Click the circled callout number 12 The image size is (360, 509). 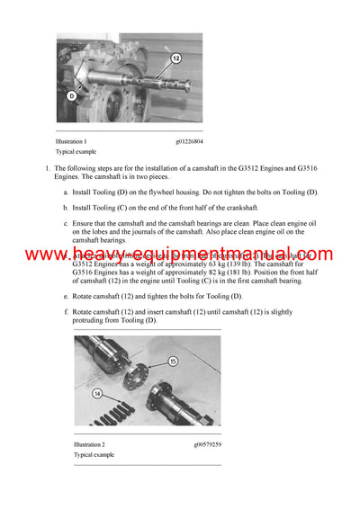tap(176, 58)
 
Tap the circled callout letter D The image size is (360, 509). tap(71, 94)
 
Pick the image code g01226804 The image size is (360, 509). tap(189, 141)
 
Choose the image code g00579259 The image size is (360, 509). tap(207, 444)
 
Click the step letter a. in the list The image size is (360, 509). tap(67, 192)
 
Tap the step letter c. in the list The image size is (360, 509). tap(67, 223)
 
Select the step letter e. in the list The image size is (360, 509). tap(67, 296)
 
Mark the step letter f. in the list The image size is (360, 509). tap(67, 311)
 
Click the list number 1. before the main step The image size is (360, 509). tap(48, 168)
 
